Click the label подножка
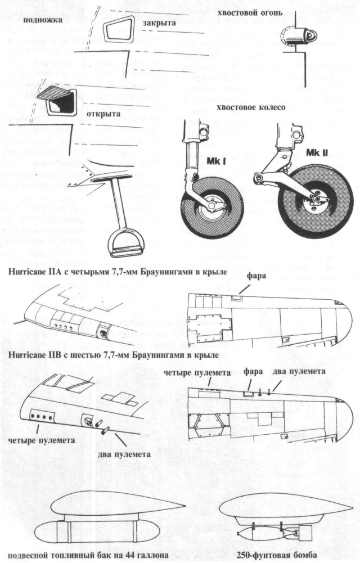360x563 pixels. point(42,20)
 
